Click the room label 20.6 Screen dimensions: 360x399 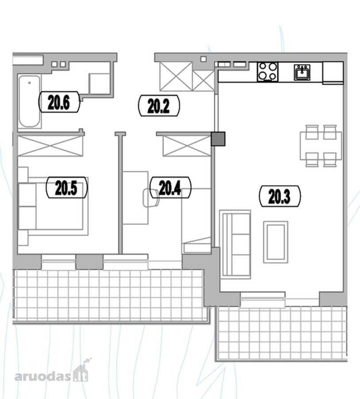click(x=59, y=102)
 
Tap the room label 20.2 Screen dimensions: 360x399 click(x=159, y=106)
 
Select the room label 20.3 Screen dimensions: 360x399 click(x=280, y=196)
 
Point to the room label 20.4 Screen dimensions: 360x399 click(x=170, y=188)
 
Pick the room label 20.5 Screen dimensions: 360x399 click(x=66, y=187)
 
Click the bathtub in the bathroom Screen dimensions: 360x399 click(x=30, y=101)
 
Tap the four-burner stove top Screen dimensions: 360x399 click(x=267, y=71)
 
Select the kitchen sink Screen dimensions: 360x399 click(x=302, y=72)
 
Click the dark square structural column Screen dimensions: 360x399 click(x=218, y=139)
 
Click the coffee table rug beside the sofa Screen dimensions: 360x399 click(x=275, y=242)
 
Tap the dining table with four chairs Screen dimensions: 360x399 click(x=321, y=146)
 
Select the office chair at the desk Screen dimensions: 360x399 click(x=151, y=197)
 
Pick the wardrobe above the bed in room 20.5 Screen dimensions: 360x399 click(x=50, y=146)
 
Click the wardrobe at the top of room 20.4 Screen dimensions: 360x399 click(x=187, y=146)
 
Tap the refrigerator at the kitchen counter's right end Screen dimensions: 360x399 click(x=333, y=73)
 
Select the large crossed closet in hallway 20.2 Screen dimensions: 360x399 click(x=176, y=76)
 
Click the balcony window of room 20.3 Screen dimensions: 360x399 click(x=263, y=299)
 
